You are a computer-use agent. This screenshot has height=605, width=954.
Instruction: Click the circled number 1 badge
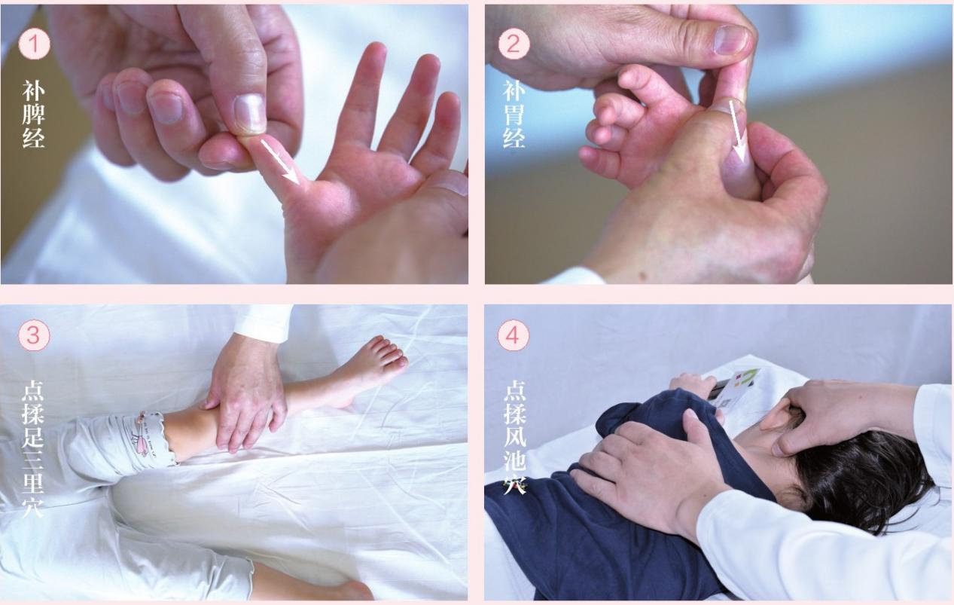[35, 44]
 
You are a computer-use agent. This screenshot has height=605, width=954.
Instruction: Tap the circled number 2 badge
[514, 44]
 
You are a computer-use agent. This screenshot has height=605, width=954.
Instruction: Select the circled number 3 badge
[35, 336]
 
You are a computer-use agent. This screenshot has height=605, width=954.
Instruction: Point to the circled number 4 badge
[514, 336]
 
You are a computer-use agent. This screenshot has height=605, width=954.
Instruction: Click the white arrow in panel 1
[280, 162]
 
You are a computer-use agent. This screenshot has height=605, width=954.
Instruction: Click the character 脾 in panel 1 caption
[33, 114]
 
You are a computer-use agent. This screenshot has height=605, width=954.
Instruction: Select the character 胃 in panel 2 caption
[514, 114]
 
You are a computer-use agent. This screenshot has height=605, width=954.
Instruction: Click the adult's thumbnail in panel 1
[249, 113]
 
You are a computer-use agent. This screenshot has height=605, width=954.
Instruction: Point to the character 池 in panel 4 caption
[514, 461]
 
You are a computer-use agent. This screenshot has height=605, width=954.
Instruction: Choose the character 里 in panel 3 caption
[33, 484]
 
